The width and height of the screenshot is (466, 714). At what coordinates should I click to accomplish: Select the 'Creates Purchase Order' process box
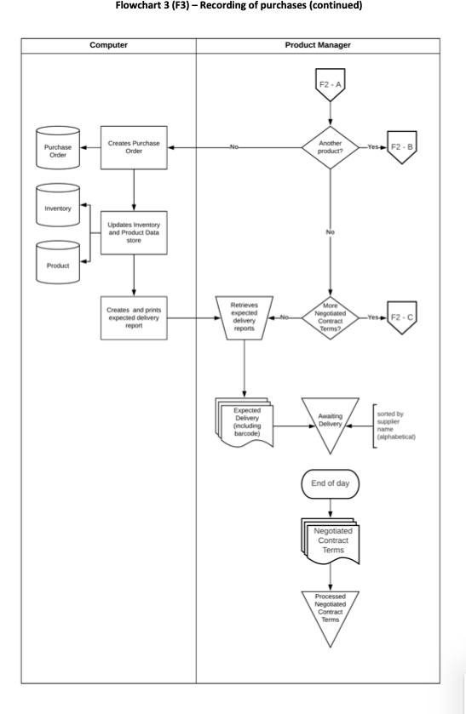(x=134, y=146)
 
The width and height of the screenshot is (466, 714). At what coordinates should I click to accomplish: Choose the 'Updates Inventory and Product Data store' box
(x=134, y=232)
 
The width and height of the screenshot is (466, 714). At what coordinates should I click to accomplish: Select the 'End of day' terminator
(x=331, y=483)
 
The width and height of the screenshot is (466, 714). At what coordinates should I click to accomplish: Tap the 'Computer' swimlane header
(x=109, y=44)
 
